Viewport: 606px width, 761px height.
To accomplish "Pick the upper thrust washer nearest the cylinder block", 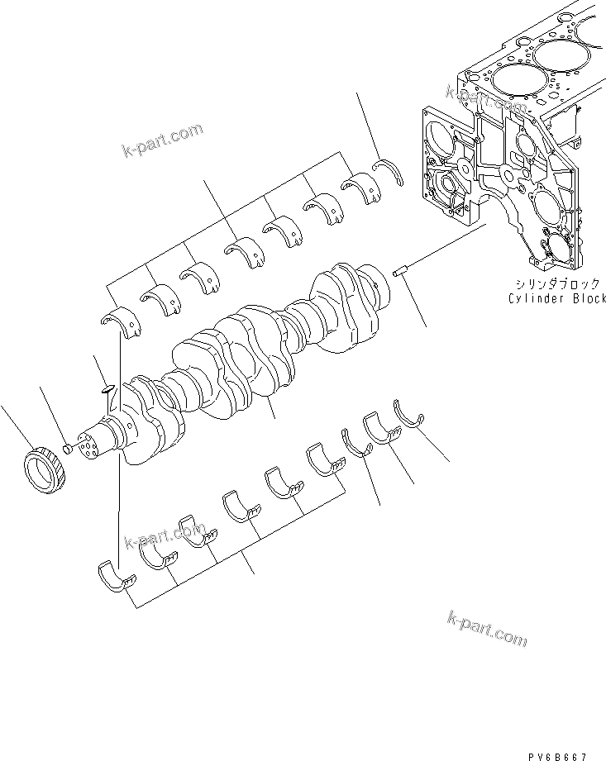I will coord(386,172).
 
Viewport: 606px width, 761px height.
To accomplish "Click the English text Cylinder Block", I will coord(556,298).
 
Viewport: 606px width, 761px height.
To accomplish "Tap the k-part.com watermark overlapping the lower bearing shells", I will coord(164,536).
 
